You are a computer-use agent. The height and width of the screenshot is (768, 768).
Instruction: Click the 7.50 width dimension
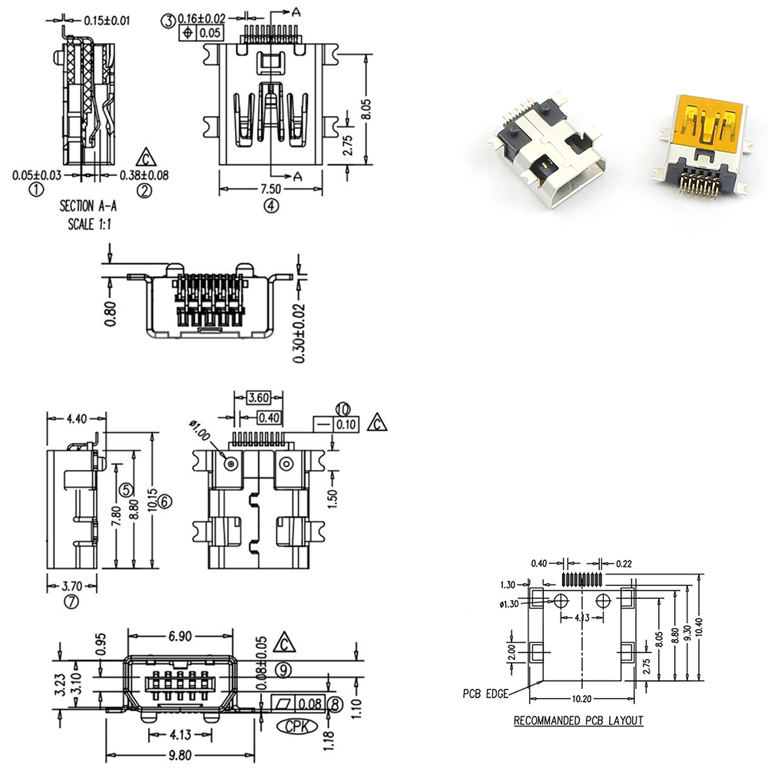tap(270, 189)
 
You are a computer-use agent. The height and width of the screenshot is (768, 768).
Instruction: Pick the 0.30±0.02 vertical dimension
tap(300, 333)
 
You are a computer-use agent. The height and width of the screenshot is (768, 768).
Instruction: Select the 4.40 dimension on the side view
tap(77, 419)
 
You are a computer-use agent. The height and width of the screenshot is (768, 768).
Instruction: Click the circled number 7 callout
tap(71, 601)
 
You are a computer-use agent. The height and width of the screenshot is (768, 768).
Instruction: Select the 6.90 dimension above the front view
tap(180, 637)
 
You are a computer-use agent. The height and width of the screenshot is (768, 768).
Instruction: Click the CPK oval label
tap(293, 725)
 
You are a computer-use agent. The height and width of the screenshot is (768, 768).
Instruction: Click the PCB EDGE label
tap(485, 694)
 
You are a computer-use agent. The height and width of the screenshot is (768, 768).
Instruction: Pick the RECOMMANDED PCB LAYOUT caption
tap(578, 721)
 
